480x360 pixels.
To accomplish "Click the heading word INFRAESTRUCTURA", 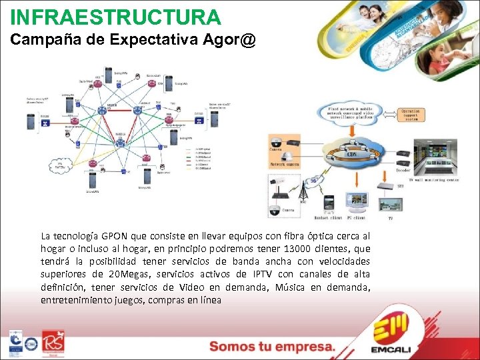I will [115, 17].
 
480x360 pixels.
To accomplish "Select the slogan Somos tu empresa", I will [272, 347].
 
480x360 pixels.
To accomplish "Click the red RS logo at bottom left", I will [53, 343].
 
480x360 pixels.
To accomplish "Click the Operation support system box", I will [419, 115].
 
